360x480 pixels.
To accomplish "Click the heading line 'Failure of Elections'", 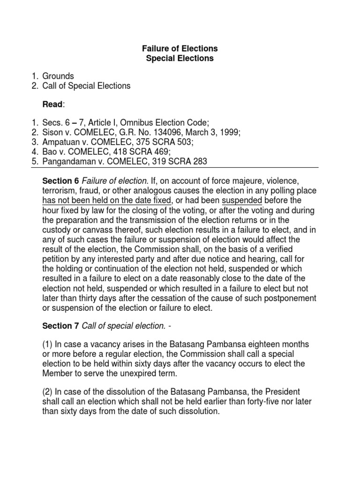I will click(x=180, y=49).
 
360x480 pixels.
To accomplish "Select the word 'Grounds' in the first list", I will click(x=58, y=76).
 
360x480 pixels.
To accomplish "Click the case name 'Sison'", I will click(x=53, y=133).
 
